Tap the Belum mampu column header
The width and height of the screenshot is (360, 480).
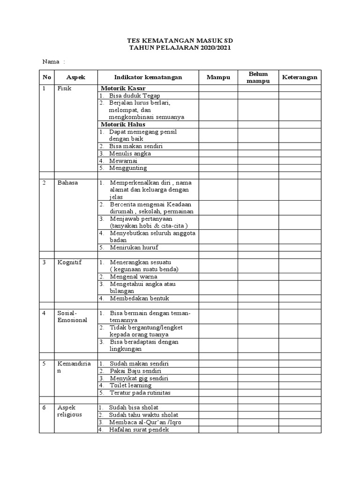point(258,77)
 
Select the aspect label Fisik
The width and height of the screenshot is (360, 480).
point(64,88)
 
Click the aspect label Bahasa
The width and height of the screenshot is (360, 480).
point(67,182)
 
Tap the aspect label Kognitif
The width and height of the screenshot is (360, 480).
point(69,262)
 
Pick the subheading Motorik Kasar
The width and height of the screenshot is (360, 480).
point(123,88)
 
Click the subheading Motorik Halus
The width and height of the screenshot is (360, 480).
point(123,124)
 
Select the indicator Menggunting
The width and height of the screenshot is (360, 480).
point(128,168)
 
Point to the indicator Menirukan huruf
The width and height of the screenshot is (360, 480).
point(133,247)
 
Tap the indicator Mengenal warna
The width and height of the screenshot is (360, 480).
point(133,277)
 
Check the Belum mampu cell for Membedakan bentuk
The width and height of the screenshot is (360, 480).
point(258,298)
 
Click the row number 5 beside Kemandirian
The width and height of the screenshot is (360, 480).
point(45,363)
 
